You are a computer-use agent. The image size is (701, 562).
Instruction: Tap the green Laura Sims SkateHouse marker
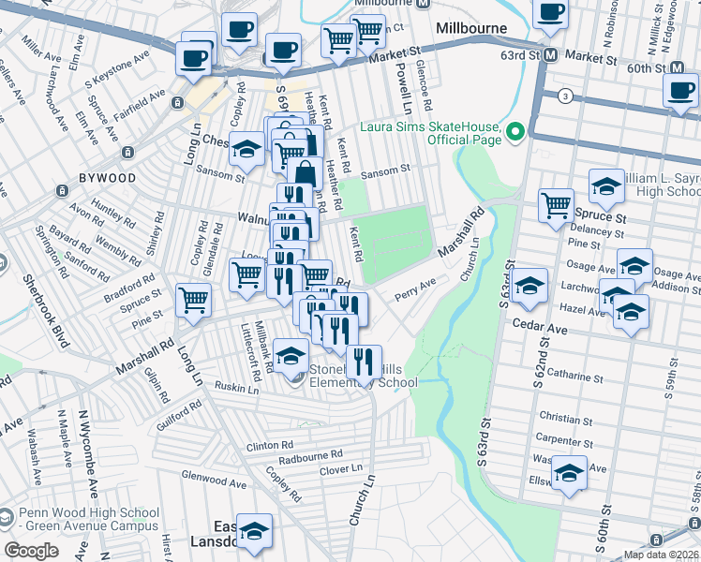point(515,132)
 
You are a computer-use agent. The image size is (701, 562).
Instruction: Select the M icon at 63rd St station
point(551,55)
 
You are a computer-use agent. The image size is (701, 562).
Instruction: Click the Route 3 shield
point(565,96)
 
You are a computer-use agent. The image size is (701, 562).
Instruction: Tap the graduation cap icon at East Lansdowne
point(254,530)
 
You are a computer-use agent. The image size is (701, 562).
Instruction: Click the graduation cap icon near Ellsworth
point(569,473)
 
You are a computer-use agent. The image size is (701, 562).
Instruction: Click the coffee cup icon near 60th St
point(680,91)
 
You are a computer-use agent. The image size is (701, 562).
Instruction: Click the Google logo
point(31,551)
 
